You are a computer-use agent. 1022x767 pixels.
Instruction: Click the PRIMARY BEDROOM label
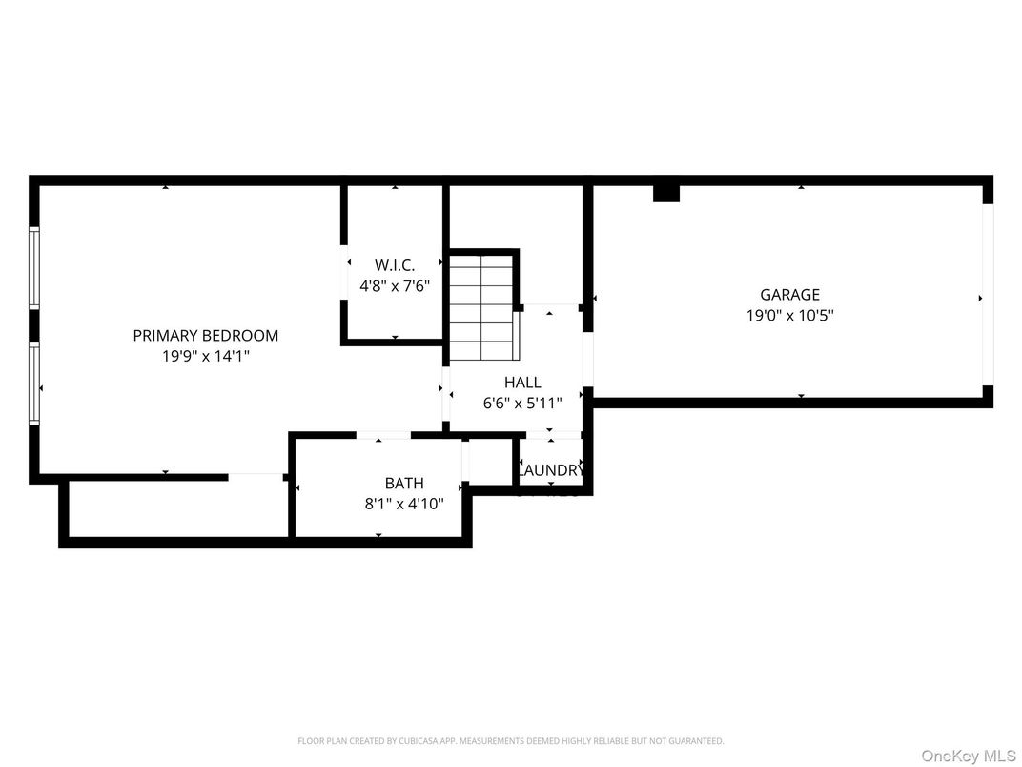point(205,336)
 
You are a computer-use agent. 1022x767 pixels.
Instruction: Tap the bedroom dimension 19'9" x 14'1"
point(205,356)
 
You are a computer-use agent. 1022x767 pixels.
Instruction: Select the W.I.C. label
point(395,265)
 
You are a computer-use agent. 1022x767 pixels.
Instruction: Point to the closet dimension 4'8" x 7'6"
point(395,284)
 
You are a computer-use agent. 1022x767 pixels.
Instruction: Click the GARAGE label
point(789,295)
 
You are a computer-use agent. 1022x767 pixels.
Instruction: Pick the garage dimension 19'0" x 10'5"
point(789,315)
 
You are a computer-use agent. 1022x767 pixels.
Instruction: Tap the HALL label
point(522,383)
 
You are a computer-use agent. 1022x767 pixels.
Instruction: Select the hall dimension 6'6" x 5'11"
point(522,403)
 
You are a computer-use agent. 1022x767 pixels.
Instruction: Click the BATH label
point(404,484)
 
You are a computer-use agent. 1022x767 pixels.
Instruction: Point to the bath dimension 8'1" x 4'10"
point(404,504)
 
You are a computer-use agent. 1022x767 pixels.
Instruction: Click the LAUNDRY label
point(550,470)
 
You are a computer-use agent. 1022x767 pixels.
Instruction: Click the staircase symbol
point(482,308)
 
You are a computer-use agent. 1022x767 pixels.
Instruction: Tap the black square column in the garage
point(665,193)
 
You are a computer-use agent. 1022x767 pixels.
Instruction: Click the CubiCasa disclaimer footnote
point(510,740)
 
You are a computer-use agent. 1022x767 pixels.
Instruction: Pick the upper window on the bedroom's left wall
point(34,267)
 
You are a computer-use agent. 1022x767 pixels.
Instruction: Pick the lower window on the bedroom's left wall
point(34,383)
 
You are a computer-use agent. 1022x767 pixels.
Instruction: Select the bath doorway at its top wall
point(383,436)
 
